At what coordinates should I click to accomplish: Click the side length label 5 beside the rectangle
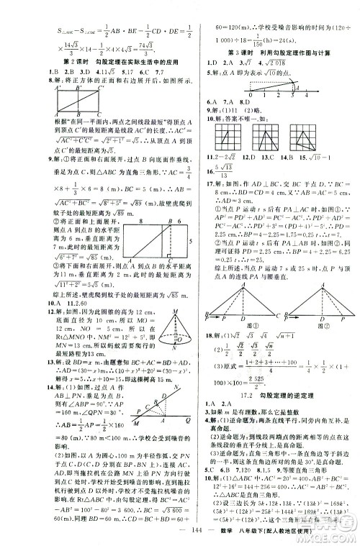(185, 229)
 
